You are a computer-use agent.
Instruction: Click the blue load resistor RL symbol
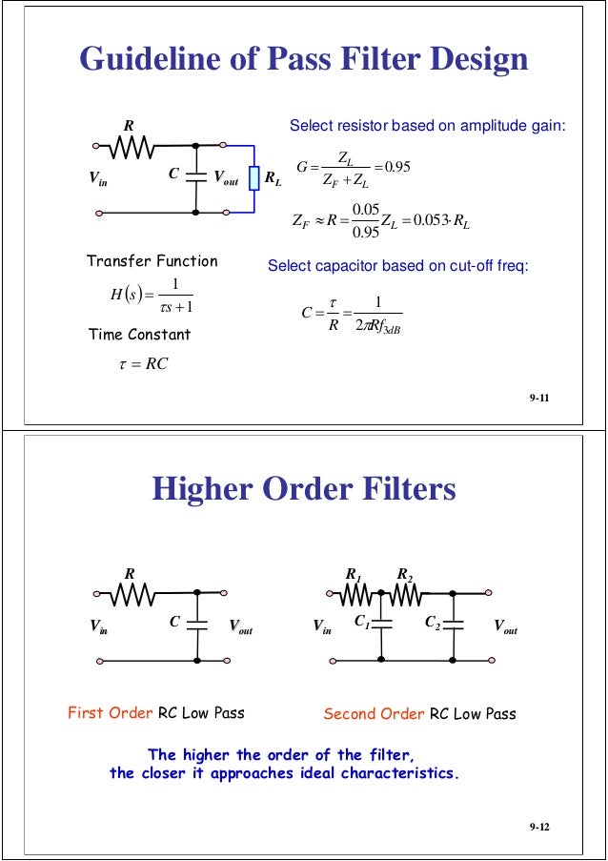(254, 178)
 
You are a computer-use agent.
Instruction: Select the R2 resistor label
(404, 574)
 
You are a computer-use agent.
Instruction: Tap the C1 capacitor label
(363, 623)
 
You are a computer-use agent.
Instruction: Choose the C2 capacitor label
(432, 623)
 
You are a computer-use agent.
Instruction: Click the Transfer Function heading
(152, 260)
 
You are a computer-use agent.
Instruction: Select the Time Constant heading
(139, 334)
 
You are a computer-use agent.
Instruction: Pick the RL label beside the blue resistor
(273, 177)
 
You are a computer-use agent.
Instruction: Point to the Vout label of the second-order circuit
(505, 626)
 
